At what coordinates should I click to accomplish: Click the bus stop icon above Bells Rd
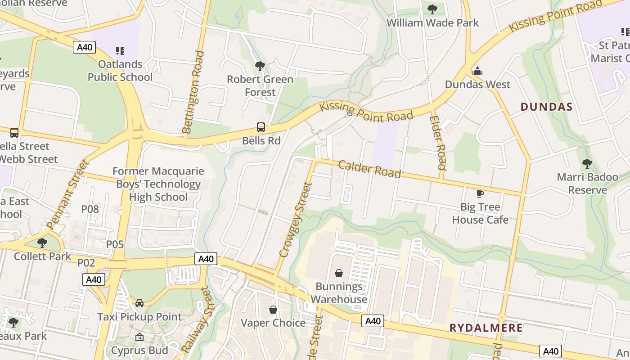[x=261, y=127]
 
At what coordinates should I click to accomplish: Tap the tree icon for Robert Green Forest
[x=260, y=66]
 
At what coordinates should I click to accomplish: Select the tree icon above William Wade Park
[x=432, y=9]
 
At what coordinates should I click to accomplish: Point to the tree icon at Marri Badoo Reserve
[x=587, y=164]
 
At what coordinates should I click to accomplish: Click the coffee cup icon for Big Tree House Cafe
[x=480, y=193]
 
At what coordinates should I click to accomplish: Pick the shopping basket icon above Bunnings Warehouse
[x=339, y=273]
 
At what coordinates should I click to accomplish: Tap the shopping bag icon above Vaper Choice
[x=273, y=310]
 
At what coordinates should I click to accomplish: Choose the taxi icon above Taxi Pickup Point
[x=139, y=303]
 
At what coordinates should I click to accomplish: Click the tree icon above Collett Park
[x=42, y=243]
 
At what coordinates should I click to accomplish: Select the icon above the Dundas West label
[x=477, y=71]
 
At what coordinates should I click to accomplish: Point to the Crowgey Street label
[x=296, y=220]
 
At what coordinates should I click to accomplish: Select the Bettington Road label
[x=193, y=92]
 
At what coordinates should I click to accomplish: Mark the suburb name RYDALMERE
[x=486, y=328]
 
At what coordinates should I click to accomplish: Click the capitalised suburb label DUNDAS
[x=546, y=107]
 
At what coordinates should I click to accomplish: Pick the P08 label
[x=90, y=209]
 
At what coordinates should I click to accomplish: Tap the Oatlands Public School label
[x=120, y=71]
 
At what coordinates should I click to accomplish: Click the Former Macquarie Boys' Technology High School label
[x=158, y=184]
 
